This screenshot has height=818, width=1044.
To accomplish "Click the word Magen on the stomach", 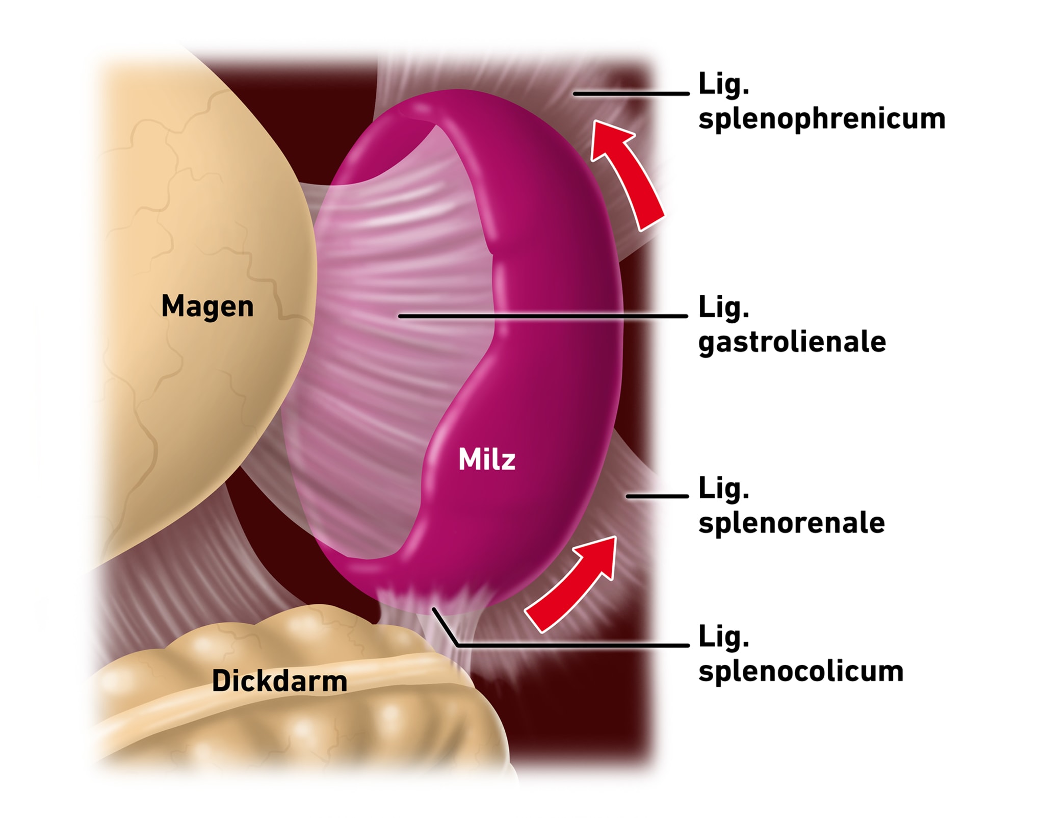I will (x=207, y=306).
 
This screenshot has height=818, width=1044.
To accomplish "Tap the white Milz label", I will (x=487, y=459).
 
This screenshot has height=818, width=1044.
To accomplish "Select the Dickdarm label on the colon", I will (x=279, y=681).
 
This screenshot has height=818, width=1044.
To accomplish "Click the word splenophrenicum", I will (x=821, y=119).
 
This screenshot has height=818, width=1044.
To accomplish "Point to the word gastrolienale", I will (x=792, y=342).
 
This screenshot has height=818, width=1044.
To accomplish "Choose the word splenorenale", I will (x=791, y=523).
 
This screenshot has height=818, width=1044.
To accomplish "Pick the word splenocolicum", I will (x=800, y=671).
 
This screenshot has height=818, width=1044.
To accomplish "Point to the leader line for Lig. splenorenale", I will (x=657, y=496).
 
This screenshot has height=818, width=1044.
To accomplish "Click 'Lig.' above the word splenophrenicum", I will (x=723, y=84).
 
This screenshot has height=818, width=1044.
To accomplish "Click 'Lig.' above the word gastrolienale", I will (x=723, y=308).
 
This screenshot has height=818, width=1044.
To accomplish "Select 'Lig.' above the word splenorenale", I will (x=723, y=489).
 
